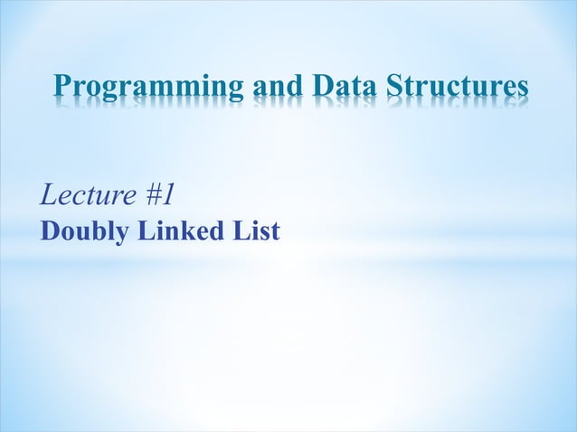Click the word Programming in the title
[145, 89]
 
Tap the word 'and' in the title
[277, 87]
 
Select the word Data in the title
[345, 87]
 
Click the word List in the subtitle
[257, 231]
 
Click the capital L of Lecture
[48, 193]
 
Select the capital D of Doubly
[50, 231]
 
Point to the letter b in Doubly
[94, 231]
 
